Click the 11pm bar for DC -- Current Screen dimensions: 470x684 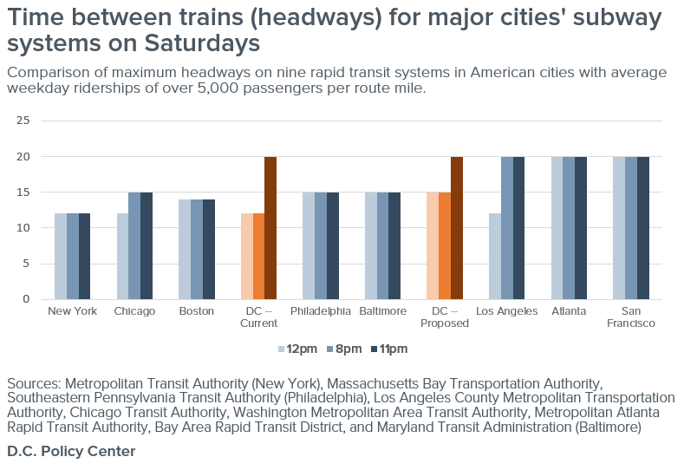(270, 228)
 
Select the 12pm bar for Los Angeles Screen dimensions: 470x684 (495, 256)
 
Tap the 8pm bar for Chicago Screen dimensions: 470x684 (134, 245)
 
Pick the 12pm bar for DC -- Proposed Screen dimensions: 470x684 (433, 245)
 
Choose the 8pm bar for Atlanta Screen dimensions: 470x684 (569, 228)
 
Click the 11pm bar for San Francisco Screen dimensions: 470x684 (642, 228)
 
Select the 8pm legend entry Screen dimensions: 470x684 (343, 349)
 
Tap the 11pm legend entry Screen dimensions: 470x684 (388, 349)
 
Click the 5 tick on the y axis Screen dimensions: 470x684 (26, 264)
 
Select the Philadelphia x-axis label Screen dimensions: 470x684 (321, 311)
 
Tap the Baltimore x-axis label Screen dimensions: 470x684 (382, 311)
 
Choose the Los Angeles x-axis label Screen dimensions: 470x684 (507, 311)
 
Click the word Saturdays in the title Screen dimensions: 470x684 (200, 43)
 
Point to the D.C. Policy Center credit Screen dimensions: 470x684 (71, 452)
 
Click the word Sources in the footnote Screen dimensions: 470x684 (33, 383)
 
